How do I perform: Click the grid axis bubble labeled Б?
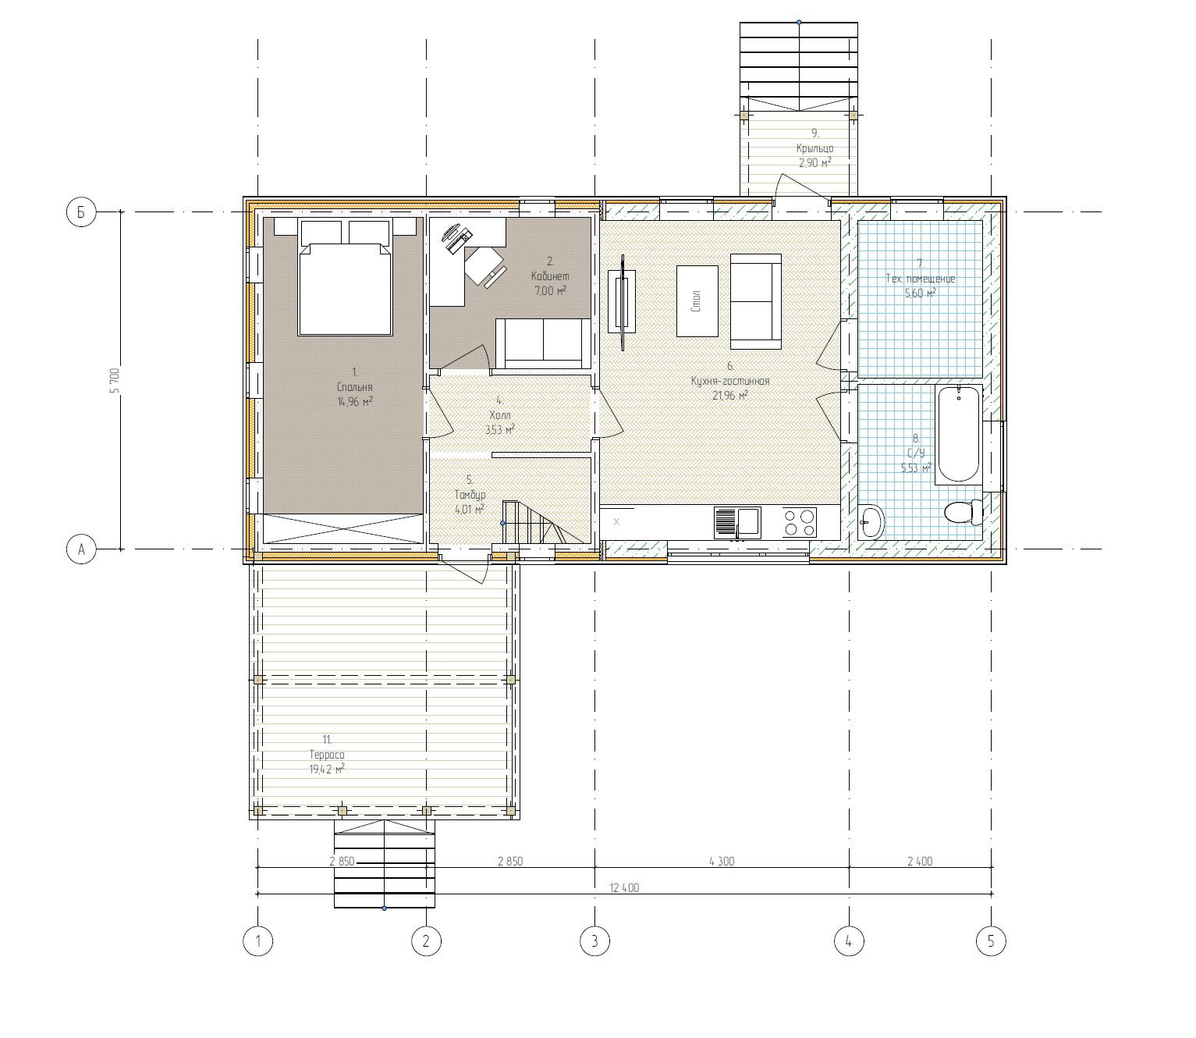(x=80, y=212)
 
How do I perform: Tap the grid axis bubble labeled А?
(x=80, y=549)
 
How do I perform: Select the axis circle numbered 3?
(x=594, y=941)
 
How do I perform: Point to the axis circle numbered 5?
(x=991, y=941)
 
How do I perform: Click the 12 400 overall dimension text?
(x=623, y=887)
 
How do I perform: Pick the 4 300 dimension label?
(x=722, y=861)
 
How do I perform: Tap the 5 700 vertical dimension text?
(x=115, y=381)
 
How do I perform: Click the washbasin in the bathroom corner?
(x=871, y=521)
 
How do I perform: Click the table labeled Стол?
(x=697, y=301)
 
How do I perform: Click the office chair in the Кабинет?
(x=484, y=266)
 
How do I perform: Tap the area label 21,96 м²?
(x=729, y=396)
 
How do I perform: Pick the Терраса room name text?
(x=327, y=755)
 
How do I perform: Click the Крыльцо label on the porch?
(x=814, y=148)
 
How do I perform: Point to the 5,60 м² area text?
(x=920, y=293)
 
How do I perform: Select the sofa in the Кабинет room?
(x=542, y=343)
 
